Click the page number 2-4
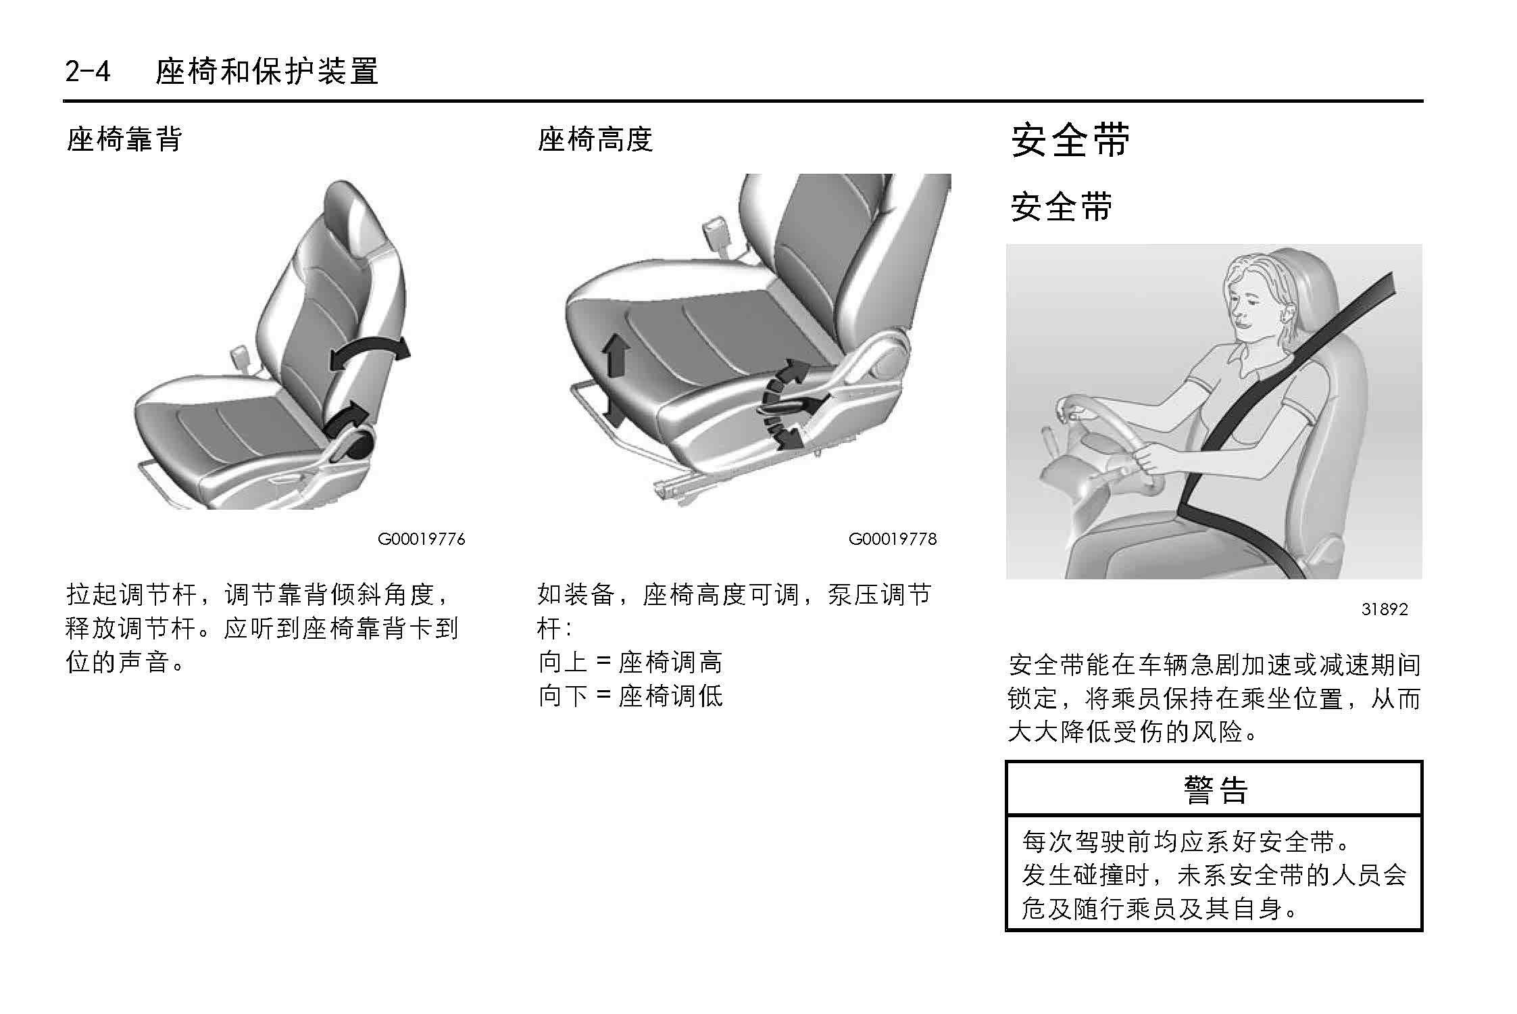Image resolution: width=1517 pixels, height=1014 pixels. point(87,71)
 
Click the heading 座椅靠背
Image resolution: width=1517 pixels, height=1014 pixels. point(124,139)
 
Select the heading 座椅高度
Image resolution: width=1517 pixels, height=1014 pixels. point(595,139)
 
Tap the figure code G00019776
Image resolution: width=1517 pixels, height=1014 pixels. point(421,539)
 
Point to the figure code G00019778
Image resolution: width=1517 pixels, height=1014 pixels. point(893,539)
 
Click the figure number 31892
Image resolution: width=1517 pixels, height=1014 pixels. point(1385,609)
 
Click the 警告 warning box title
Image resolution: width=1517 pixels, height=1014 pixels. point(1215,789)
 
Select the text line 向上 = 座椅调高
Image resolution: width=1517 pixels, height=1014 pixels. point(630,662)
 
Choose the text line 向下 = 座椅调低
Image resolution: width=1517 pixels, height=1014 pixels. point(630,696)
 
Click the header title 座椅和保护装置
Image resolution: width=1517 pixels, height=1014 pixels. point(267,71)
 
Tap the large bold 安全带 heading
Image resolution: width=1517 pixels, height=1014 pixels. point(1070,141)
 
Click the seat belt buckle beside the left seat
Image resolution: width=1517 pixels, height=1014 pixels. point(239,356)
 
